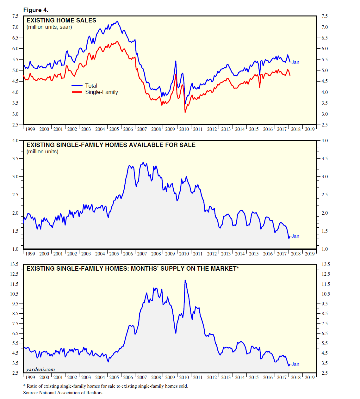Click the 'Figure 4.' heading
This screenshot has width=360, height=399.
coord(36,10)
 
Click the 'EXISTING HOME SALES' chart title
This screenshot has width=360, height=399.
coord(61,20)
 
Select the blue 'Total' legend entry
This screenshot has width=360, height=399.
coord(91,86)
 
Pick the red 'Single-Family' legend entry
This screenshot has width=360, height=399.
coord(101,92)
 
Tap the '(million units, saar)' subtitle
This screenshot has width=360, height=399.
coord(49,27)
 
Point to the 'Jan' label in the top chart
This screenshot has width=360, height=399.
coord(295,62)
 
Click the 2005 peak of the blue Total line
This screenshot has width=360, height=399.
coord(117,21)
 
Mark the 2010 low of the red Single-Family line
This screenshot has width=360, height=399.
coord(185,112)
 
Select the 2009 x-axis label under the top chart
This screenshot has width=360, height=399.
coord(170,129)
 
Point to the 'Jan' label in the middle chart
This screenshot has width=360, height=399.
coord(295,236)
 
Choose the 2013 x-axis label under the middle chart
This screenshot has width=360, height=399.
coord(226,254)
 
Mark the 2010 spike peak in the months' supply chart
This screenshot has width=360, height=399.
coord(185,280)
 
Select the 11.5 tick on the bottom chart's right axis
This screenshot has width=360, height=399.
coord(326,284)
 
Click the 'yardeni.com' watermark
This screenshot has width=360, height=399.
coord(40,369)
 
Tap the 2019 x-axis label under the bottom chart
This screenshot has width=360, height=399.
coord(310,377)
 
